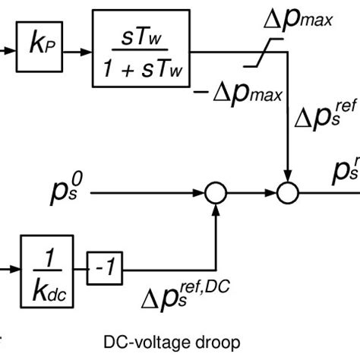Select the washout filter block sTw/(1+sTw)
pyautogui.click(x=144, y=52)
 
